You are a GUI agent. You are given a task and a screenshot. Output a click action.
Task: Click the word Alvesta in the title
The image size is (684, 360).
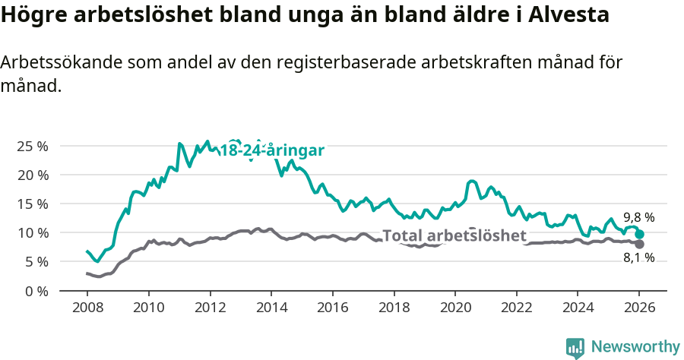click(568, 14)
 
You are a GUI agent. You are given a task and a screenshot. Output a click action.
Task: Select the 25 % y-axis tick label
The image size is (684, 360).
click(31, 146)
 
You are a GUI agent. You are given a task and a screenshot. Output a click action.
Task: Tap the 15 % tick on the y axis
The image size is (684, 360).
click(31, 204)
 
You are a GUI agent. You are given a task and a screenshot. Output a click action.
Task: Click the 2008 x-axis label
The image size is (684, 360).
click(87, 308)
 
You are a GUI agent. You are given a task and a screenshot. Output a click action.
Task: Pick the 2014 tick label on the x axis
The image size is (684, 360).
click(271, 308)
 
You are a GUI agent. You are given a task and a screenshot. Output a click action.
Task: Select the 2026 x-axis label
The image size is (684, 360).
click(639, 308)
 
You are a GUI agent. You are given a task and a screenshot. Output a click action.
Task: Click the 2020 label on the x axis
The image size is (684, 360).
click(455, 308)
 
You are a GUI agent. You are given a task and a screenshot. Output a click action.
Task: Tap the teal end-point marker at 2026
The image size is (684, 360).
click(640, 235)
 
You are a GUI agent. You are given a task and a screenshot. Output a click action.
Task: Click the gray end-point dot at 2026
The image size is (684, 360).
click(639, 244)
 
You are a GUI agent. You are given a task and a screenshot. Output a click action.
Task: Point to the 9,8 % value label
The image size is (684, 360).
click(638, 217)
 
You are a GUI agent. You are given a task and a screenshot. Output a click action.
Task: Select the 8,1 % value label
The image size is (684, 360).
click(638, 258)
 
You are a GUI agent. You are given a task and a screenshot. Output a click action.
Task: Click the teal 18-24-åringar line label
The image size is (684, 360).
click(272, 150)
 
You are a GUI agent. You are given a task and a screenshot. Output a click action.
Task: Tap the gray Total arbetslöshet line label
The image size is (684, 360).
click(454, 235)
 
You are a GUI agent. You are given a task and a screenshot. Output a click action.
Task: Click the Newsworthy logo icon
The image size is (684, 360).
click(575, 347)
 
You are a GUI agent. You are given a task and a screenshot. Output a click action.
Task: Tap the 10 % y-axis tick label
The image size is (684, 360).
click(31, 232)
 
